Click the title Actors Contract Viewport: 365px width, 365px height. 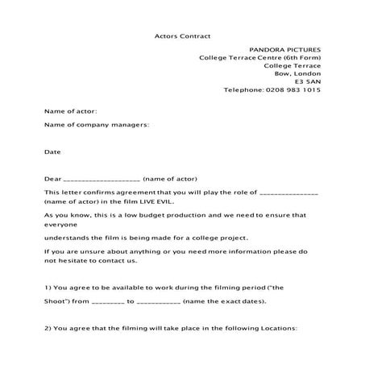[x=182, y=36]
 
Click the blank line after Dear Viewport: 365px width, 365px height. [x=101, y=179]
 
